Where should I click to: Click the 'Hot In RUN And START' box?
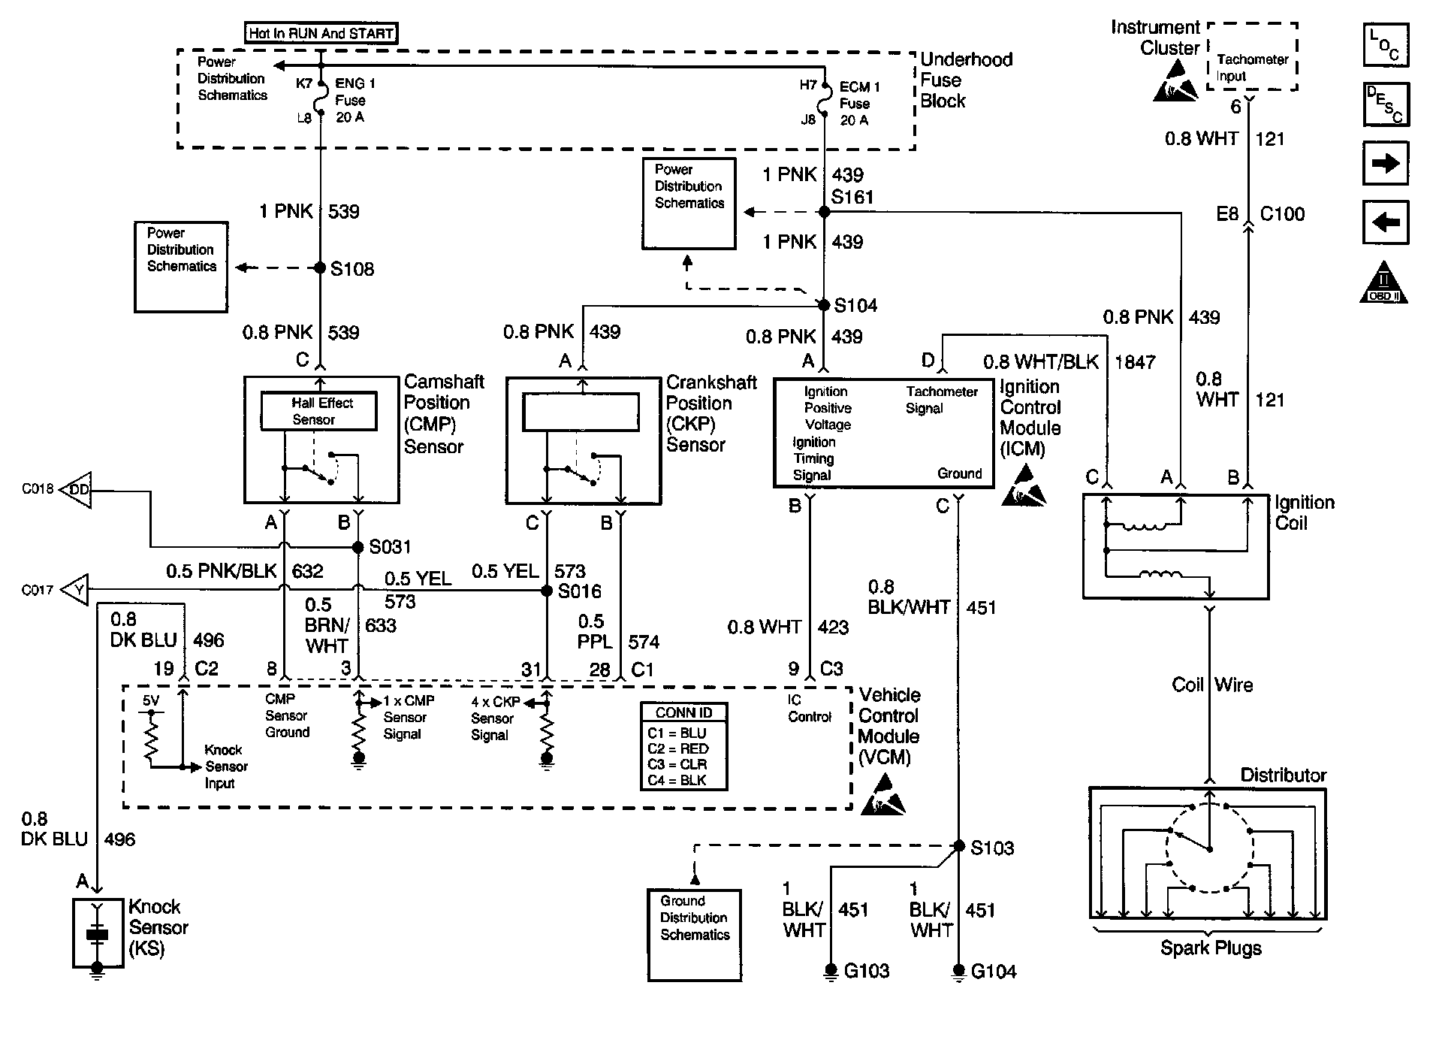[321, 33]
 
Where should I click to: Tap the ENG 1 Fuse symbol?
[321, 100]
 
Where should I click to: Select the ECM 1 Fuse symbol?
[824, 102]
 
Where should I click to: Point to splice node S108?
[320, 268]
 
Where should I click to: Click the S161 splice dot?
[824, 213]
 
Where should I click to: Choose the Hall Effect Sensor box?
[318, 411]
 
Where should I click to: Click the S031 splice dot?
[358, 547]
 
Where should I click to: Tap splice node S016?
[547, 591]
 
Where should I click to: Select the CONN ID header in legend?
[683, 712]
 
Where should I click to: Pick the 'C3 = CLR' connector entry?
[677, 764]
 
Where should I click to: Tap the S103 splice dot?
[958, 846]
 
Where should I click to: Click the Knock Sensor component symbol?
[98, 934]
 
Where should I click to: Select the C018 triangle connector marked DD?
[76, 491]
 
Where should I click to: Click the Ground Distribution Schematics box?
[694, 934]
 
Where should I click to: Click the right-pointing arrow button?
[1386, 163]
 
